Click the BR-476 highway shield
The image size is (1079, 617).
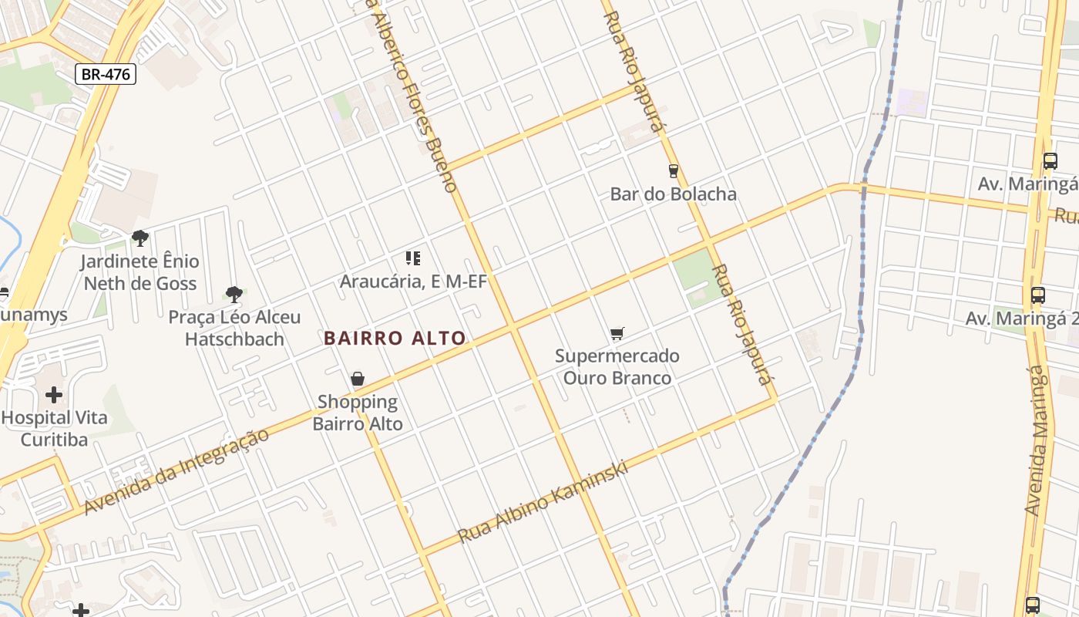tap(106, 74)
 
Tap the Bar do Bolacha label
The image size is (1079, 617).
tap(673, 194)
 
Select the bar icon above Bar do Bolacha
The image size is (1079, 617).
tap(673, 170)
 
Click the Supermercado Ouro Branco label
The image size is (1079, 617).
tap(617, 367)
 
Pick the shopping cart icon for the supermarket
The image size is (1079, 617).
tap(617, 333)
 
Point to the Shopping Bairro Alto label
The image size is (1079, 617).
tap(358, 413)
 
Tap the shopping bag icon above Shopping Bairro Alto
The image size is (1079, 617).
tap(358, 379)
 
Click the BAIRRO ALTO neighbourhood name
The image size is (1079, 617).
tap(395, 338)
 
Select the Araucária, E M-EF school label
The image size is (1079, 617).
tap(413, 282)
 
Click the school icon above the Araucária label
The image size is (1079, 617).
tap(413, 258)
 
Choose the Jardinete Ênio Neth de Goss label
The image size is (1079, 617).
tap(140, 272)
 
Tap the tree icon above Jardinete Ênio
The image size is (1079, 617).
tap(139, 238)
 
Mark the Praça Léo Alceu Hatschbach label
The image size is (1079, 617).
tap(234, 328)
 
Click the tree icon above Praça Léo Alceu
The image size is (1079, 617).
tap(234, 294)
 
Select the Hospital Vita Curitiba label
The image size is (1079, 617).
tap(54, 429)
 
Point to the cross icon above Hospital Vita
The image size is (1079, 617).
tap(54, 395)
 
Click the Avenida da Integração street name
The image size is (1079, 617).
tap(177, 471)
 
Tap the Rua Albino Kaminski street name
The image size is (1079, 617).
tap(543, 502)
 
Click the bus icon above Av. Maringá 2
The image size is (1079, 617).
tap(1038, 295)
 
